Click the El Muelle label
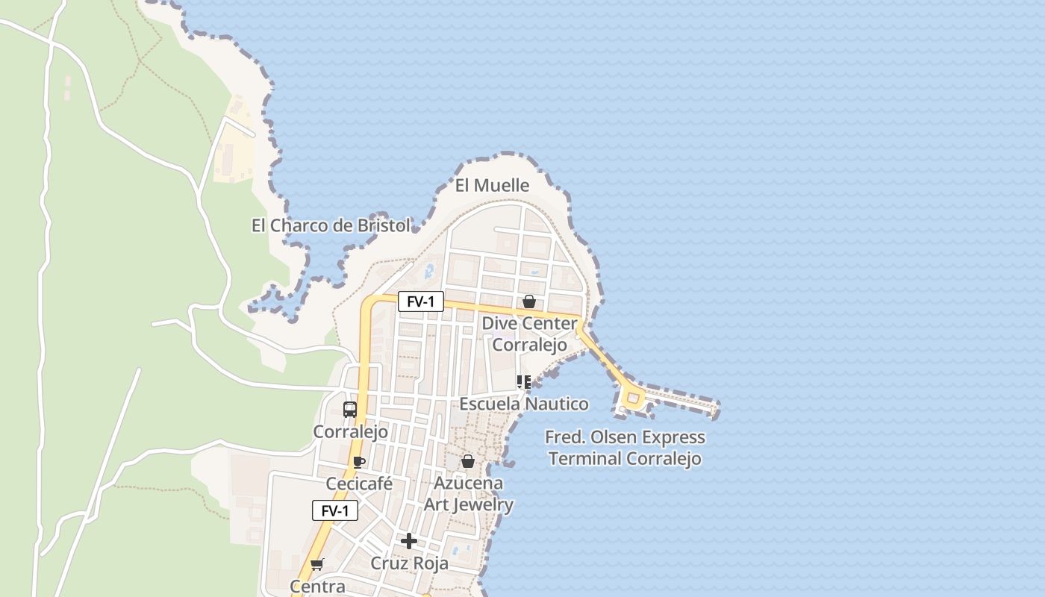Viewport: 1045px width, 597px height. (492, 185)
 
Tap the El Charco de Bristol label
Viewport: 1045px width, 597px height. (331, 225)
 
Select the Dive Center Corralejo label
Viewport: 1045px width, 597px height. (529, 334)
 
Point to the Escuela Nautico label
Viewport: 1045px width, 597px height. (523, 404)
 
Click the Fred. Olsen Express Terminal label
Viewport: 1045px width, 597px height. (626, 448)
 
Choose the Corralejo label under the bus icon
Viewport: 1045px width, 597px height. (350, 431)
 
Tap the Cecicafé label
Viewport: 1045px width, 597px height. (359, 484)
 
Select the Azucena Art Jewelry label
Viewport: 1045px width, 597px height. (469, 494)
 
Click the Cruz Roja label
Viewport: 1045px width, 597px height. (410, 563)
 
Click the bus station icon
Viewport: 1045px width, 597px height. (349, 409)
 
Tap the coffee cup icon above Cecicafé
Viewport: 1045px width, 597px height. (358, 462)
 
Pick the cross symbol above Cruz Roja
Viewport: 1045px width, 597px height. (409, 540)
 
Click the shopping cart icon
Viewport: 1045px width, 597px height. (317, 564)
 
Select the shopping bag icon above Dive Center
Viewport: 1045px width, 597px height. (529, 301)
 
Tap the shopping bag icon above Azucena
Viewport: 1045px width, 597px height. (468, 461)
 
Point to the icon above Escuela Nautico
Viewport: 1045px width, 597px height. (523, 382)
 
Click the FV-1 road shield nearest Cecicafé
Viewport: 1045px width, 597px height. (335, 510)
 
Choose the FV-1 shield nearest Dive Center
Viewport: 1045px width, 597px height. (421, 301)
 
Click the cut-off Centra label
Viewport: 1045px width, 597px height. (318, 587)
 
